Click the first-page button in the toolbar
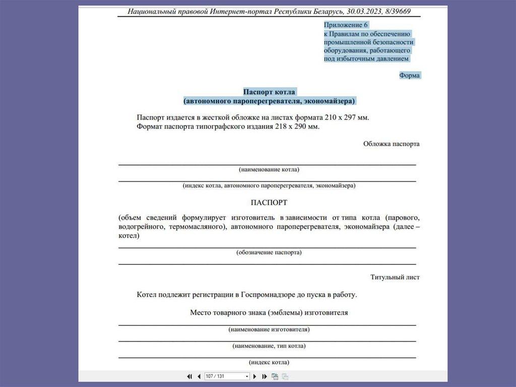click(189, 376)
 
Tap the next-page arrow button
click(255, 376)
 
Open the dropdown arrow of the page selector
click(247, 376)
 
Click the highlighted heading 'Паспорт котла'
click(269, 92)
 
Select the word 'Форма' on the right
click(409, 75)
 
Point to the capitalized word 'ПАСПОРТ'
click(269, 203)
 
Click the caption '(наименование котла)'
click(269, 170)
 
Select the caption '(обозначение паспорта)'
click(269, 252)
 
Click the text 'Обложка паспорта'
click(391, 144)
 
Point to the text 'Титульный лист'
click(395, 277)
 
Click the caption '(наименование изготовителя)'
click(269, 329)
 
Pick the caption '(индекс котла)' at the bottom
click(269, 362)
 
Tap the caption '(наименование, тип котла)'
click(269, 346)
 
